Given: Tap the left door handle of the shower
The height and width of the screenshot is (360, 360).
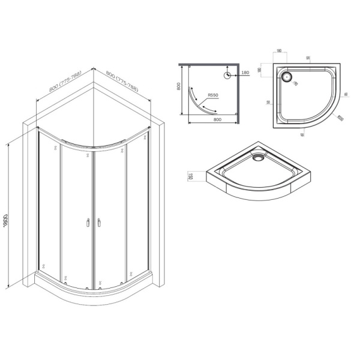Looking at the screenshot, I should (88, 224).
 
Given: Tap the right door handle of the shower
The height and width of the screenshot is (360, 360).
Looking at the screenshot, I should (97, 224).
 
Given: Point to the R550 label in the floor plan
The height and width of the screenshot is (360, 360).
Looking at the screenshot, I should (213, 95).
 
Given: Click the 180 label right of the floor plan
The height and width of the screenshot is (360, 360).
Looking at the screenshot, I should (245, 73).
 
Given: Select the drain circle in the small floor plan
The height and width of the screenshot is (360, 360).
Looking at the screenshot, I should (227, 76).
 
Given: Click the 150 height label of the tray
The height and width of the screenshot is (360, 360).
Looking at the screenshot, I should (190, 176).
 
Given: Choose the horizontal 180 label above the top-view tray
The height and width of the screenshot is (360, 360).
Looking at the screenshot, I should (280, 51).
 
